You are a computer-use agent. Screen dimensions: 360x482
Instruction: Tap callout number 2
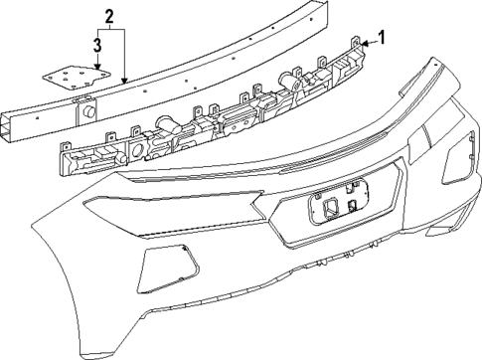[x=109, y=16]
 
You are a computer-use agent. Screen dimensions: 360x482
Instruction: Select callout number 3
[x=97, y=44]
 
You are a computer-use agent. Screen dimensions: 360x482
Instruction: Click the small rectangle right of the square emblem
[x=354, y=207]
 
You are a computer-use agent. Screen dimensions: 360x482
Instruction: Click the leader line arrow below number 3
[x=97, y=65]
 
